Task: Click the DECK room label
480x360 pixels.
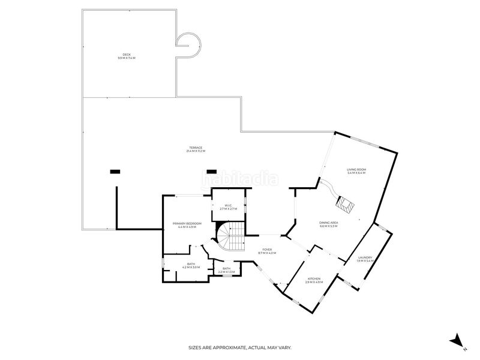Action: coord(127,55)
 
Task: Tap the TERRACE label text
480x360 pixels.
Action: coord(196,148)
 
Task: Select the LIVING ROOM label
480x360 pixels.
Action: coord(356,170)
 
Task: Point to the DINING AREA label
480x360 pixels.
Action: coord(328,223)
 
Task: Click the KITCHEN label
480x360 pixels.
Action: coord(314,278)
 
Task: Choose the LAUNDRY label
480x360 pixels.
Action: coord(365,257)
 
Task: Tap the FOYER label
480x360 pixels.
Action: coord(268,250)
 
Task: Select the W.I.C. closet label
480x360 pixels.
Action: coord(229,206)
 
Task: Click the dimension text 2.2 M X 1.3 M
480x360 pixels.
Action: coord(226,272)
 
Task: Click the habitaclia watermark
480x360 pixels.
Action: coord(240,179)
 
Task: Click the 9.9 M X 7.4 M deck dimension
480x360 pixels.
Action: coord(127,58)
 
